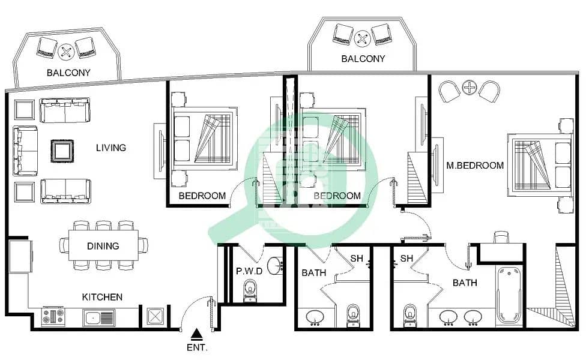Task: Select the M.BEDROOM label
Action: point(474,165)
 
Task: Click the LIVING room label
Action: point(110,148)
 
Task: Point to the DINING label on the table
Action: point(103,245)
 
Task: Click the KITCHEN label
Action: point(102,297)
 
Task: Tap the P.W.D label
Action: point(249,271)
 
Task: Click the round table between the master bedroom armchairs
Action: point(470,88)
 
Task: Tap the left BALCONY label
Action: point(68,73)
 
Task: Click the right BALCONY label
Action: point(363,59)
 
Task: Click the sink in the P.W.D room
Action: point(276,265)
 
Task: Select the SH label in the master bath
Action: point(407,259)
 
